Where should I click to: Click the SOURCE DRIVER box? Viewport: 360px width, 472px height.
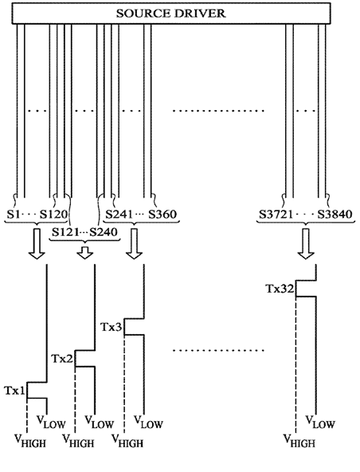click(x=171, y=14)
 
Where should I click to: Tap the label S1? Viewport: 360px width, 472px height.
click(x=14, y=214)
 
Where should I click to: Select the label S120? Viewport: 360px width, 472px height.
click(x=54, y=214)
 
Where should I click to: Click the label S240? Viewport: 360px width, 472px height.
click(x=104, y=232)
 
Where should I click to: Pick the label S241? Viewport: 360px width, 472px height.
click(x=119, y=214)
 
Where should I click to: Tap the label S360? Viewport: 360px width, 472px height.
click(x=162, y=214)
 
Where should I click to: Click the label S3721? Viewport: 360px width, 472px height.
click(x=276, y=214)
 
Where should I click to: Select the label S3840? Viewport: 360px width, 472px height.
click(x=335, y=214)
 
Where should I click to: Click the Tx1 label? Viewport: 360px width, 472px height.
click(x=14, y=391)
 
